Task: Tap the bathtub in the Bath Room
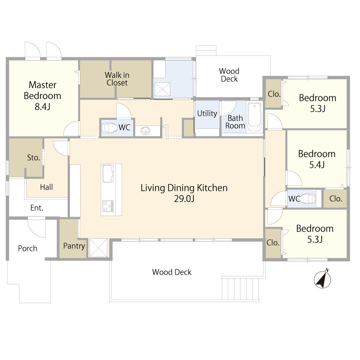(255, 117)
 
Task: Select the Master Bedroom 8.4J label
(42, 95)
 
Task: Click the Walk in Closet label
(117, 79)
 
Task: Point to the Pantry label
(74, 246)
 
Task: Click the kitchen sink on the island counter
(108, 174)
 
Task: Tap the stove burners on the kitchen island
(108, 206)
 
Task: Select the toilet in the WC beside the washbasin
(109, 128)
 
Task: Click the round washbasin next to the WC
(145, 131)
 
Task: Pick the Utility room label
(207, 114)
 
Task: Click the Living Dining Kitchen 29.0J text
(184, 193)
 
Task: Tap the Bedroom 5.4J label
(316, 159)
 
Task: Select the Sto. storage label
(33, 158)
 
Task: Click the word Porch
(28, 248)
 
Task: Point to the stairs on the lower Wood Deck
(240, 288)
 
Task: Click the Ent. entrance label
(37, 208)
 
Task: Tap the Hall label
(46, 187)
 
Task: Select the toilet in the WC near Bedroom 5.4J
(307, 199)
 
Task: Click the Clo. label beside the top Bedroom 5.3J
(274, 94)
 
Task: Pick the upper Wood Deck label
(229, 75)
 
